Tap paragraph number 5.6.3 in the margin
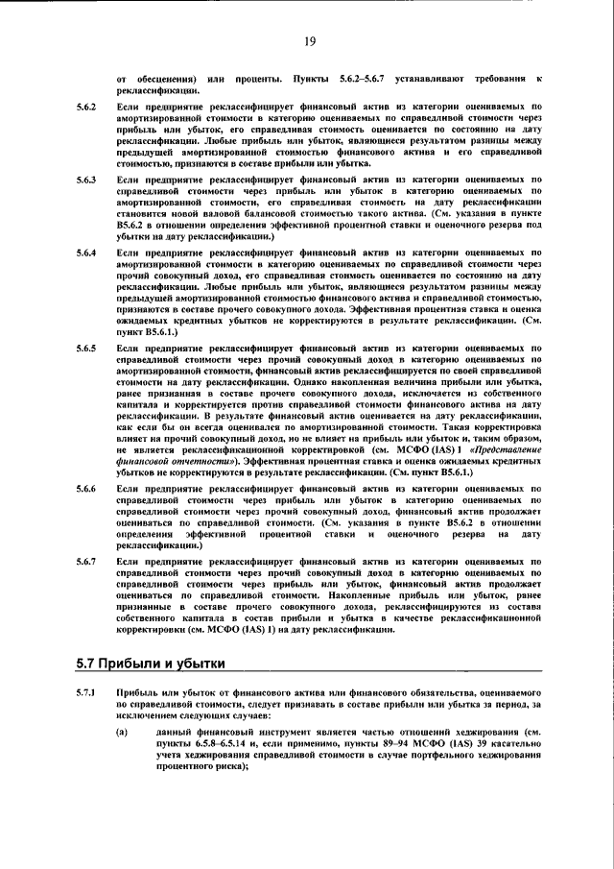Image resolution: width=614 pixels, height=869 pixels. coord(87,179)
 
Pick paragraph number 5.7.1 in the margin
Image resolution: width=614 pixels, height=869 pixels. coord(87,693)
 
